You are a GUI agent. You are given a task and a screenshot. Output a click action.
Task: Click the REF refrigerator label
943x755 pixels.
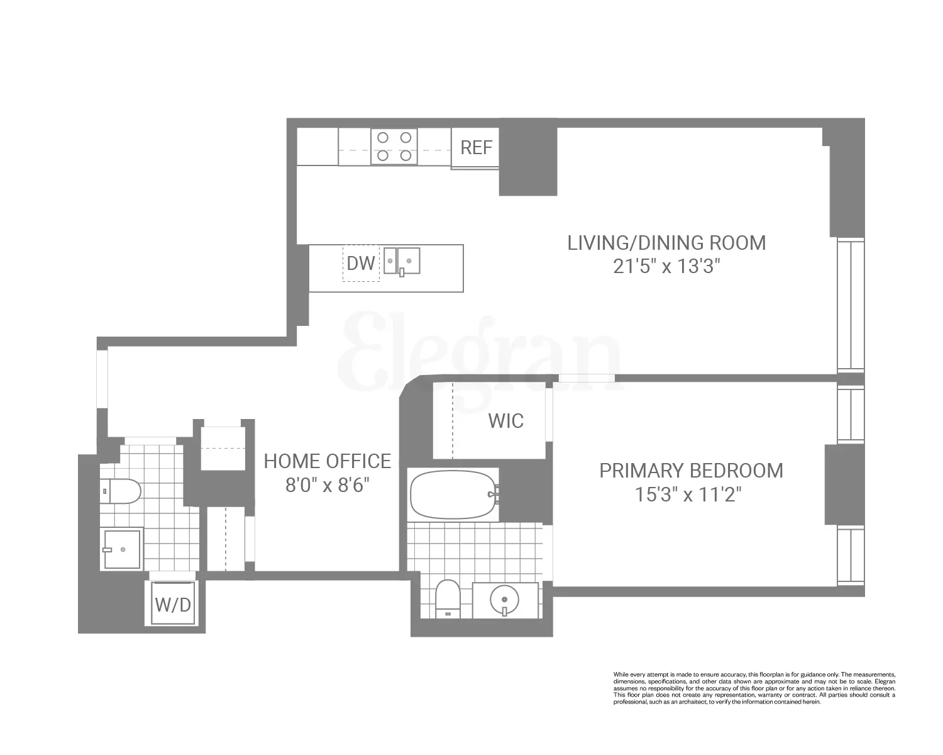pos(476,148)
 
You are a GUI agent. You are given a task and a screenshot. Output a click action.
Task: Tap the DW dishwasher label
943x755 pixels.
pos(361,263)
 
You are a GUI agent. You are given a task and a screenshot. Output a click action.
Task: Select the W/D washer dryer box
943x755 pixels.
pos(173,604)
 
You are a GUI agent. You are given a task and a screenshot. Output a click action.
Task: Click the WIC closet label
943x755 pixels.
pos(505,421)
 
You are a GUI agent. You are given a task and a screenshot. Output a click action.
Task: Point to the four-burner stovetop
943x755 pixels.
pos(394,146)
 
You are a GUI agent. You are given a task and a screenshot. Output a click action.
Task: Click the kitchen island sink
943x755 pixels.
pos(402,260)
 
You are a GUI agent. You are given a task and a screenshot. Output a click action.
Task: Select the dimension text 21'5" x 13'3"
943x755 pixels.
pos(666,267)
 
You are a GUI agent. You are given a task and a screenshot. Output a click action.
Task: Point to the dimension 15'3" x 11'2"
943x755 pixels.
pos(688,495)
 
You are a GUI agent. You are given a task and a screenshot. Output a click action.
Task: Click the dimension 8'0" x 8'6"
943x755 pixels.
pos(327,486)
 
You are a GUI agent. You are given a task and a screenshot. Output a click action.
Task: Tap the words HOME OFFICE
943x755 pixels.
pos(327,461)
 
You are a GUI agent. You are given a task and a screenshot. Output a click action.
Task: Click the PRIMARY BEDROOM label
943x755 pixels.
pos(691,471)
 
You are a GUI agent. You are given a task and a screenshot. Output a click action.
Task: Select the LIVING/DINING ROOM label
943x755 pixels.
pos(666,243)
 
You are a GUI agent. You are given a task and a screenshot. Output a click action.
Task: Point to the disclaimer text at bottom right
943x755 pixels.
pos(754,688)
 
